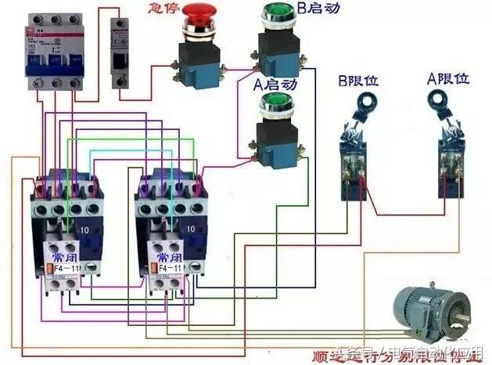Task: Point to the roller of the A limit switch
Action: [438, 99]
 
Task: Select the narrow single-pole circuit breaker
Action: [120, 53]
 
